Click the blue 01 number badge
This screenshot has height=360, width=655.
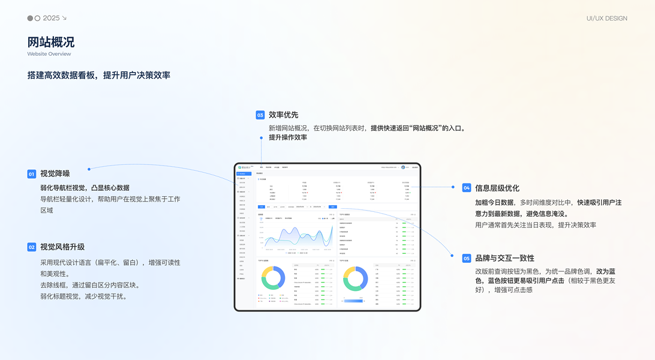[32, 174]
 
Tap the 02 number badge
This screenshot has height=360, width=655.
[32, 247]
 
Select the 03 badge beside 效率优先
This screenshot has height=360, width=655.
[260, 115]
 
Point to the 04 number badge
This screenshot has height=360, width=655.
[467, 188]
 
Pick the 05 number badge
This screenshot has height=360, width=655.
[467, 258]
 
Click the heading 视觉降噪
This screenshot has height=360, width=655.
[55, 174]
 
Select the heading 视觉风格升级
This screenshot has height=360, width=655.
[62, 247]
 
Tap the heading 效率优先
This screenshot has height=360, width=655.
[283, 115]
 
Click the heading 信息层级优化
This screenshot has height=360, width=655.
[497, 188]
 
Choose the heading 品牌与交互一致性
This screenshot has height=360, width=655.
[504, 258]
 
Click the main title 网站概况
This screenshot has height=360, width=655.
[51, 42]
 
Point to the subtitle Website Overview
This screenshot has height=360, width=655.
[49, 54]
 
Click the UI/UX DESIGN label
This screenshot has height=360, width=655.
[606, 19]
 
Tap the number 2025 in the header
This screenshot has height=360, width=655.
[51, 19]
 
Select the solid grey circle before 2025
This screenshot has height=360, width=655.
[30, 19]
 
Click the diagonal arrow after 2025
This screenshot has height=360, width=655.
[64, 19]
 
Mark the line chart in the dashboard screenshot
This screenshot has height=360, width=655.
[296, 236]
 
